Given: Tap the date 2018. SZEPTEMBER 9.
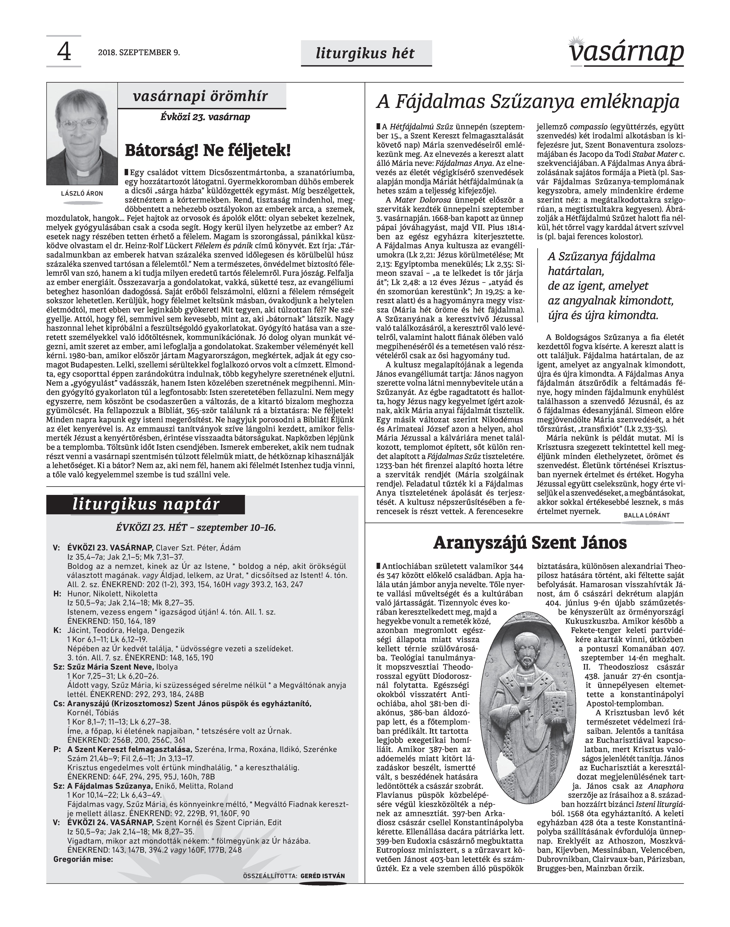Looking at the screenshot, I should [x=139, y=53].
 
